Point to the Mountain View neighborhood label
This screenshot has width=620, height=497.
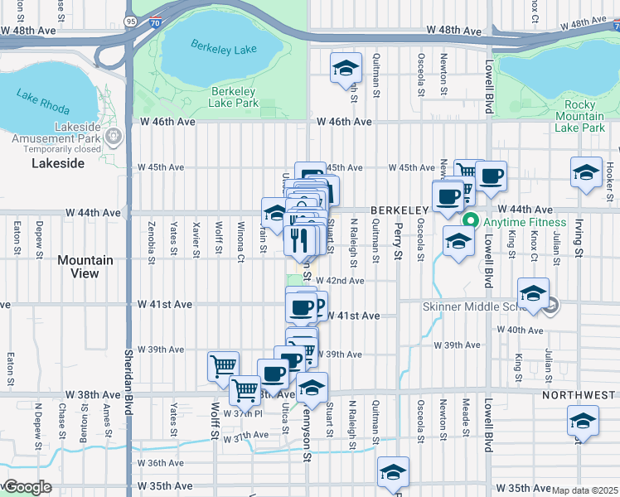pos(85,267)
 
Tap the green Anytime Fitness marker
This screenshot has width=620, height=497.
pos(471,221)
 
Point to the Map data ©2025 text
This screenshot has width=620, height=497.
pos(584,490)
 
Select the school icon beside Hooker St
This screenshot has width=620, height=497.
pos(586,173)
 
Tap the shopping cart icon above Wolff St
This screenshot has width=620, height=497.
pos(223,365)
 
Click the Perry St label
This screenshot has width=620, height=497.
pos(398,236)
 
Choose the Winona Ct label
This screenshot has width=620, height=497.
pos(240,239)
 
